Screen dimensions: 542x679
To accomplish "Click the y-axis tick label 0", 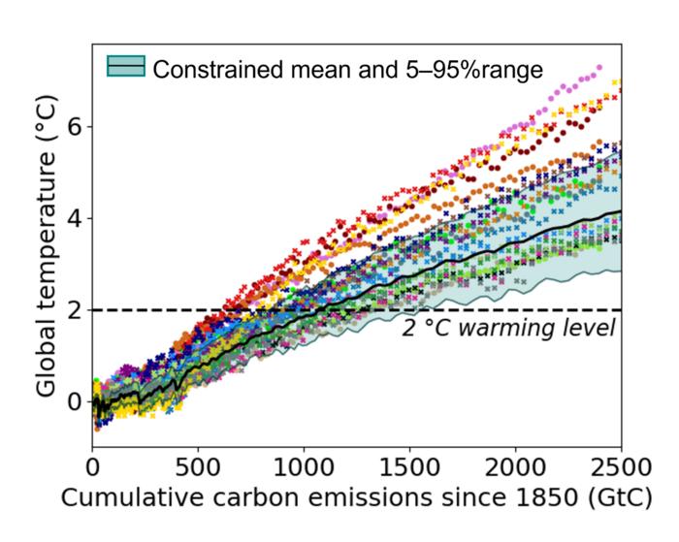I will (x=75, y=401).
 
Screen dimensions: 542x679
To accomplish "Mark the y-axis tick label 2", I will (x=75, y=310).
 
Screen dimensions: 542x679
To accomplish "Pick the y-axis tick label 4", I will (x=75, y=218).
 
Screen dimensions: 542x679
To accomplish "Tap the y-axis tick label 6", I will (x=75, y=127).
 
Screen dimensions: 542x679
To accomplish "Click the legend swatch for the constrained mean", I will (x=126, y=68).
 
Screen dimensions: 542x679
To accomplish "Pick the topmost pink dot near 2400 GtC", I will (x=599, y=68).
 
